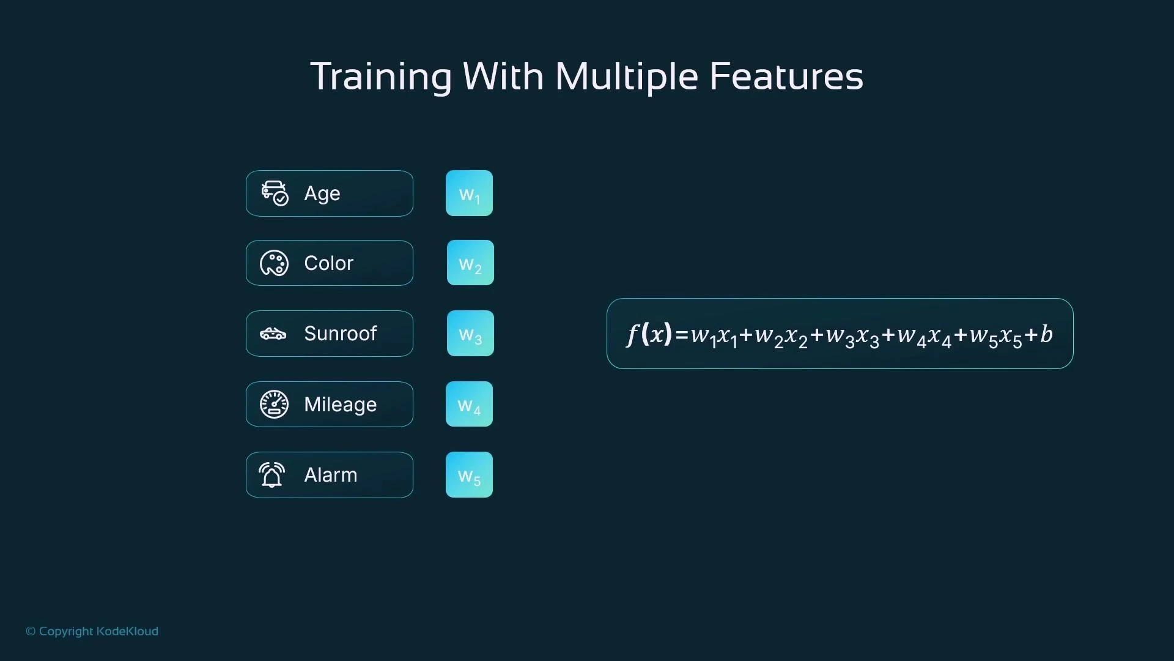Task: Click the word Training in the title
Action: tap(380, 77)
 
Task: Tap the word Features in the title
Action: tap(786, 77)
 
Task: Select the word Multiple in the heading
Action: tap(626, 77)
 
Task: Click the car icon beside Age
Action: tap(275, 193)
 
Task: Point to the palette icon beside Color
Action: tap(274, 263)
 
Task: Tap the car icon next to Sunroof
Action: tap(273, 334)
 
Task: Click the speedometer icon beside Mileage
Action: tap(274, 405)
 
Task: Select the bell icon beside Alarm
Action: tap(272, 475)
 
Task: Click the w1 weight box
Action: tap(469, 193)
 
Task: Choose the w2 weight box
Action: tap(470, 263)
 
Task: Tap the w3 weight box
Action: tap(470, 334)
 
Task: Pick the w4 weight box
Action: tap(469, 404)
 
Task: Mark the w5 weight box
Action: tap(469, 475)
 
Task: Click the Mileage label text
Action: tap(340, 405)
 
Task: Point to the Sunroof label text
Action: tap(340, 334)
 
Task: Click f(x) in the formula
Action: tap(649, 334)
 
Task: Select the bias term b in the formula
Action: tap(1046, 334)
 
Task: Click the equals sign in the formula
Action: tap(682, 335)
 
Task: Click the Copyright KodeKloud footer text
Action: tap(92, 631)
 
